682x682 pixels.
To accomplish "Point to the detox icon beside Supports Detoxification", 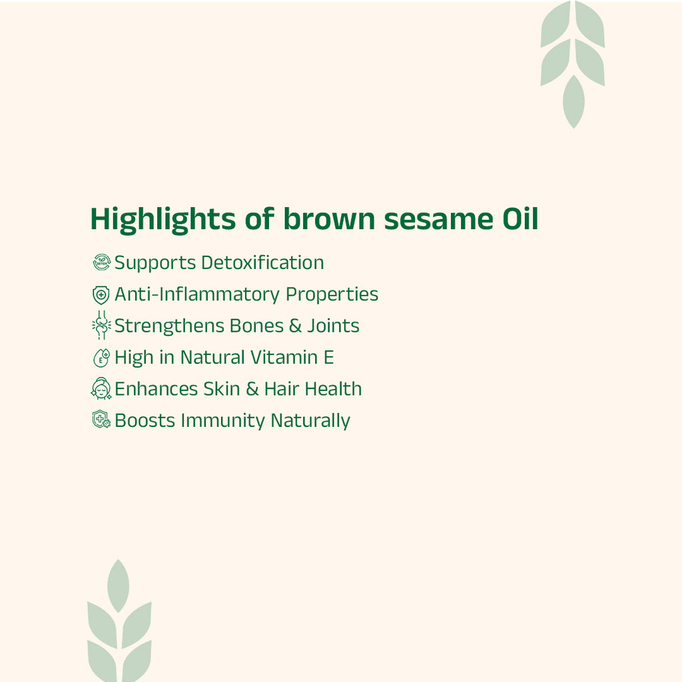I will [x=101, y=262].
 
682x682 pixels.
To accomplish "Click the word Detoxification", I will [x=262, y=262].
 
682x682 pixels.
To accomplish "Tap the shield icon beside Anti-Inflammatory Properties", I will [x=101, y=294].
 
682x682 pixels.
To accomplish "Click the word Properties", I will [x=332, y=294].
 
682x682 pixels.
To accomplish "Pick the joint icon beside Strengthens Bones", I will [x=101, y=326].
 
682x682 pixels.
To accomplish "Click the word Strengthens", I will [x=169, y=326].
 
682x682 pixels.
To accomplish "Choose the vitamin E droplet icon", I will [x=101, y=358].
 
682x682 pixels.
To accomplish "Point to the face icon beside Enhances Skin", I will [x=101, y=389].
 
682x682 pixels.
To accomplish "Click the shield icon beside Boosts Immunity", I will [x=101, y=420].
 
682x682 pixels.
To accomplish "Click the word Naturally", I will [x=310, y=421].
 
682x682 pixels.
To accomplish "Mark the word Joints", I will [x=333, y=326].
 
